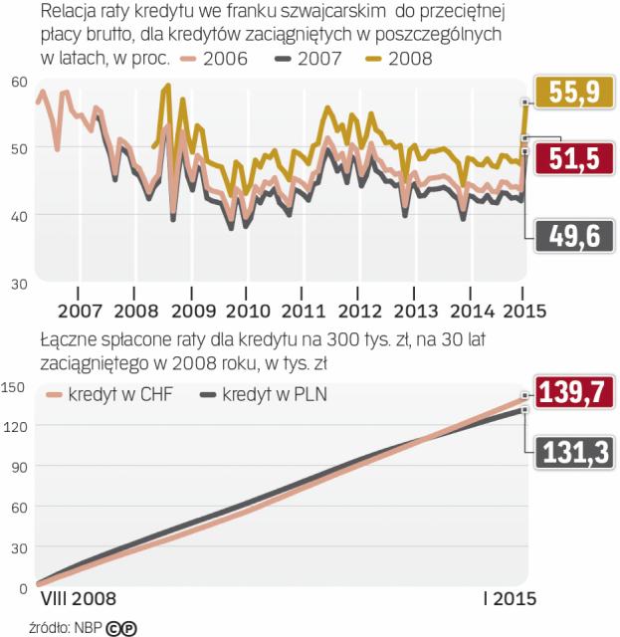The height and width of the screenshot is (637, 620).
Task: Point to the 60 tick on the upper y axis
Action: coord(18,82)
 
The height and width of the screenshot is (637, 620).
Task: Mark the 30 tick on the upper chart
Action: coord(18,284)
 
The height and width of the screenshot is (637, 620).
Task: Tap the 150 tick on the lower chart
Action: coord(15,385)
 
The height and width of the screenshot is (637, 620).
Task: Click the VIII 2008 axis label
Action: coord(78,599)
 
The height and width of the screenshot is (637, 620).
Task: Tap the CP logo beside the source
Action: coord(122,627)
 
